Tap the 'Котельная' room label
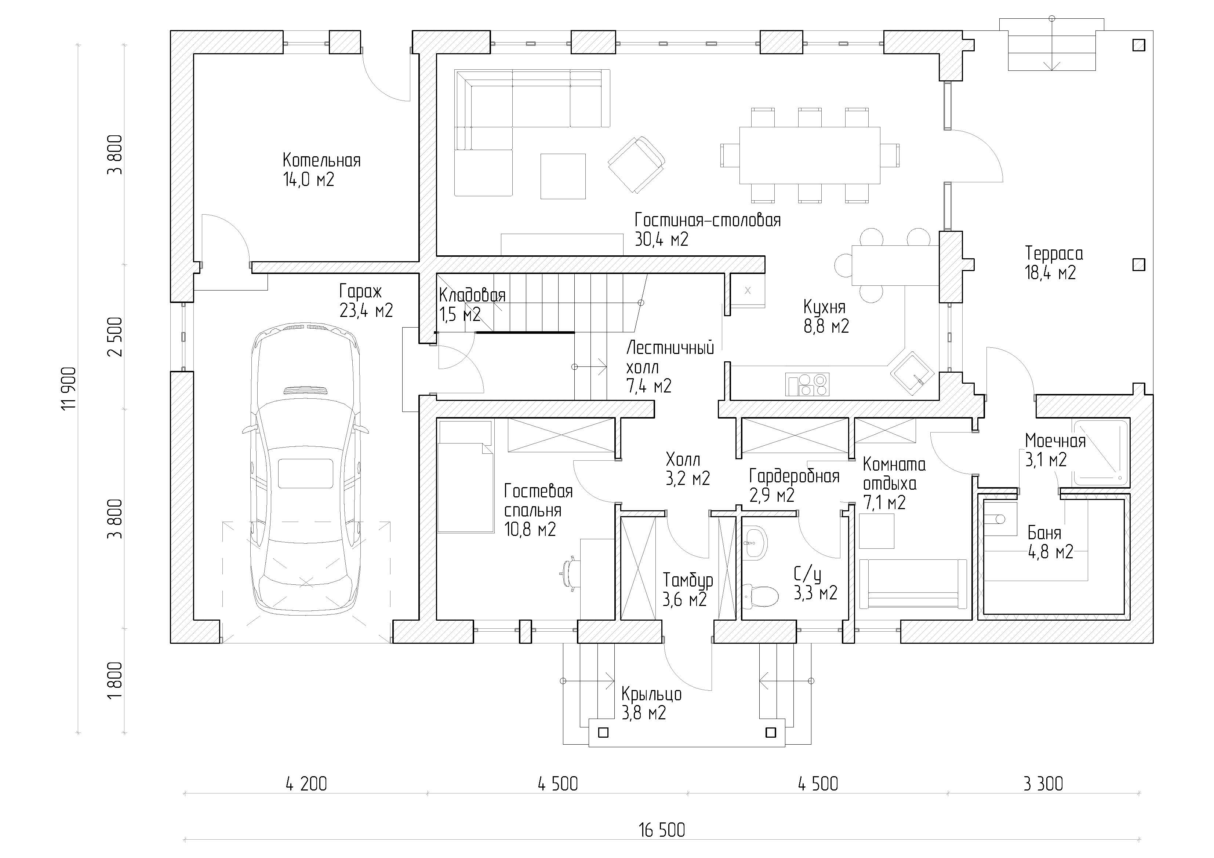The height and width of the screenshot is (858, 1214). (x=321, y=160)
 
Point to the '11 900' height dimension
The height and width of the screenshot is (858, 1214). (x=69, y=388)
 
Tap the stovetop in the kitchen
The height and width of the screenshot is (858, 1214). (x=807, y=384)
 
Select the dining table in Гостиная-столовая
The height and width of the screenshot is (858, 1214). (x=810, y=155)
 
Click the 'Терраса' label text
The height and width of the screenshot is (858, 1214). (x=1054, y=254)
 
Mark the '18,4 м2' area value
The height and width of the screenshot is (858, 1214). (x=1050, y=273)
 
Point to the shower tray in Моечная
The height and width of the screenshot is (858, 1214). (x=1100, y=453)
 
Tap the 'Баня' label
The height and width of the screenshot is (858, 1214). (x=1044, y=533)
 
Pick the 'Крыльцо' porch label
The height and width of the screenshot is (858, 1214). (x=651, y=694)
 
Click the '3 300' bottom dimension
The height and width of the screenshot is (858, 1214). (x=1043, y=784)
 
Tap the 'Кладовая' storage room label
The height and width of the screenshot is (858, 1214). (x=472, y=296)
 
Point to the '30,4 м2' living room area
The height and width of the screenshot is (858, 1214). (x=661, y=240)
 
